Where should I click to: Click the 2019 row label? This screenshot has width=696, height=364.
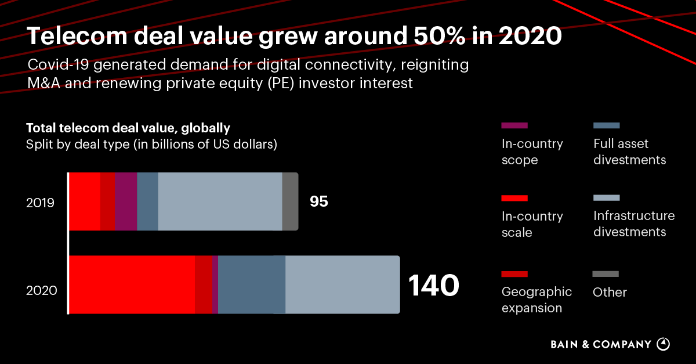40,203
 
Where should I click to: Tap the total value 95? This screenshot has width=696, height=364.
318,202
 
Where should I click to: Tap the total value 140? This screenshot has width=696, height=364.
434,286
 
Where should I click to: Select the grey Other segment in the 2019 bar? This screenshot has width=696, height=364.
290,201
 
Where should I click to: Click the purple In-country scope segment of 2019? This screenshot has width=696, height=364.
125,201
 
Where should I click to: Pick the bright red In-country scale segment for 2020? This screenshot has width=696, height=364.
132,285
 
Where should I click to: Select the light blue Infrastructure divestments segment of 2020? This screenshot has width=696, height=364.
342,285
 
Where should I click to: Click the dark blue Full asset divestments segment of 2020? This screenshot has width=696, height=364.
251,285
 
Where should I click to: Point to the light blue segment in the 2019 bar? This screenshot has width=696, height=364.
220,201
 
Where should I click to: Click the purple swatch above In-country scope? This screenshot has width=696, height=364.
514,125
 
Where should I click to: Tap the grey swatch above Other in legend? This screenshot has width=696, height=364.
606,274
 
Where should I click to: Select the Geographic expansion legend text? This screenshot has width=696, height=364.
536,300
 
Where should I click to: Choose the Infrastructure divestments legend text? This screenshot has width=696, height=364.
634,224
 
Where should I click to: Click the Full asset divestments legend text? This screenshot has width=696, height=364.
629,152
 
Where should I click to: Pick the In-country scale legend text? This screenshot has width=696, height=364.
532,224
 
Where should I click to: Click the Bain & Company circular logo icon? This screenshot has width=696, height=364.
663,344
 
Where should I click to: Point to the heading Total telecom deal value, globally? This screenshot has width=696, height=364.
128,128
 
